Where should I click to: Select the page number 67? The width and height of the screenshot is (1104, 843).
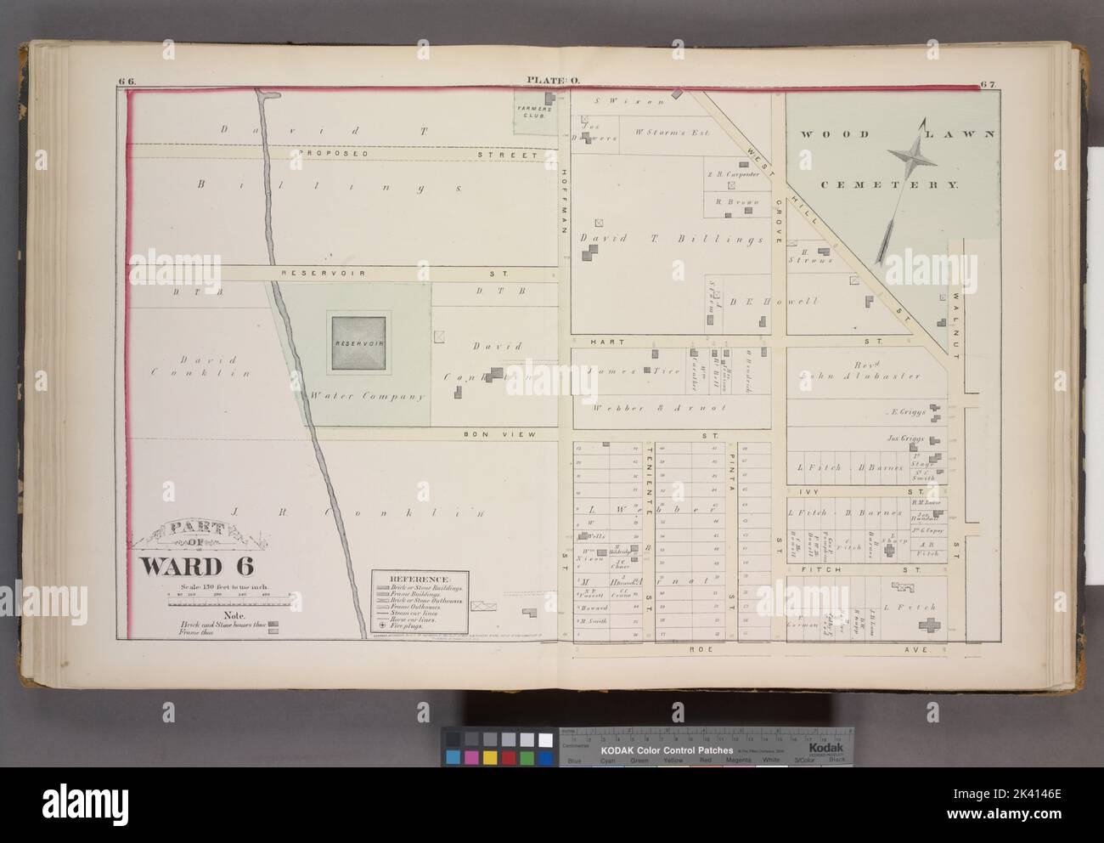tap(986, 83)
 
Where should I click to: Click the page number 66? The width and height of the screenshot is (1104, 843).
tap(127, 81)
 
